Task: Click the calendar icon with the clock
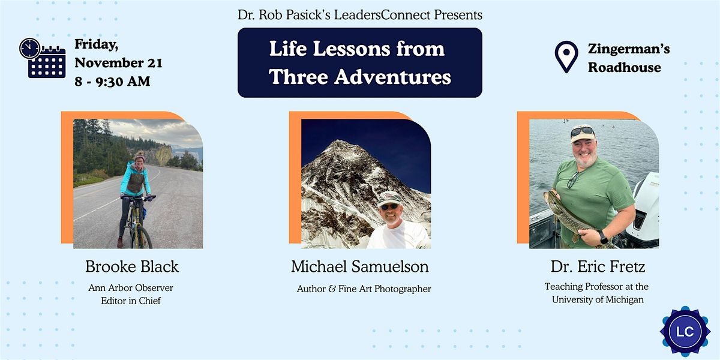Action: click(x=43, y=58)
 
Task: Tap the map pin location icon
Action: click(x=566, y=57)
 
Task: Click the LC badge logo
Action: click(x=685, y=331)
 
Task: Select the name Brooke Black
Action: click(x=132, y=266)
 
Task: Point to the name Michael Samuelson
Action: click(x=360, y=266)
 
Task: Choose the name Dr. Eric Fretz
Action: click(x=598, y=266)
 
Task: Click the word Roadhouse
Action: click(x=624, y=67)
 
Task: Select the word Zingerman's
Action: click(x=629, y=49)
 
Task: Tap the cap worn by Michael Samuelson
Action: click(x=388, y=197)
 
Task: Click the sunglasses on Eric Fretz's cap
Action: click(x=582, y=131)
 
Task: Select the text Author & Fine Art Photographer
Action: click(x=364, y=289)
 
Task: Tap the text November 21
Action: click(x=118, y=63)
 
